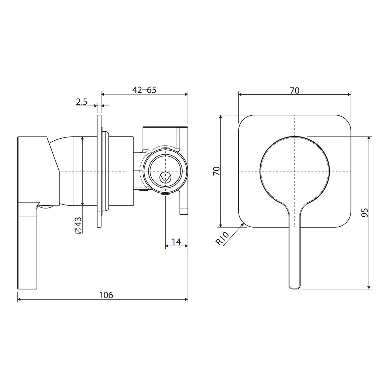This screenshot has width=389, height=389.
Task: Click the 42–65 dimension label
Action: tap(144, 90)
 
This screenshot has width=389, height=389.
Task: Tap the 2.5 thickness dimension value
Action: tap(82, 102)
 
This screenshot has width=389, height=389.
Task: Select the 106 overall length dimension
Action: tap(106, 295)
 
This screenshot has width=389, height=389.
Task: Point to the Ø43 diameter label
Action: tap(78, 225)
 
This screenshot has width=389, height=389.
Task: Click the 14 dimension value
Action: tap(176, 242)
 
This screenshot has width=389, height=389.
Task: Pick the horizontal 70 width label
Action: tap(295, 90)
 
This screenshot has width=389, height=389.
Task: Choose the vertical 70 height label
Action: tap(217, 171)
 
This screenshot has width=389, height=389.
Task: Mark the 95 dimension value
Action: tap(365, 212)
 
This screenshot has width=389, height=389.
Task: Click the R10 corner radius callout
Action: tap(222, 238)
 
